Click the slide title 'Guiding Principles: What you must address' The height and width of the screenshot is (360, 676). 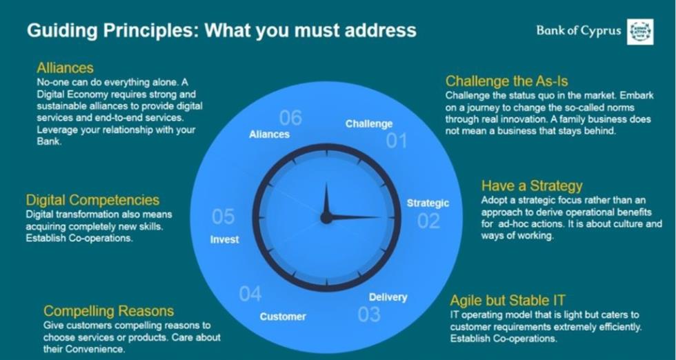point(221,30)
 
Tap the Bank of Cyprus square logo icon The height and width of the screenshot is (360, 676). point(640,32)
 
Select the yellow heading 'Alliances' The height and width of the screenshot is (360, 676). point(65,68)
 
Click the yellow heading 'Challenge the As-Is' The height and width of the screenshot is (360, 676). point(506,81)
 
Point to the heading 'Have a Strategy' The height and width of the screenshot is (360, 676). point(532,186)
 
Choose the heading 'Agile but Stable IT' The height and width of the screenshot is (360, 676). point(508,300)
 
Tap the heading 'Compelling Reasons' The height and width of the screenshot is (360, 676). point(109,311)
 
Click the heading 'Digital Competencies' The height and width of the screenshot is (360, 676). point(92,200)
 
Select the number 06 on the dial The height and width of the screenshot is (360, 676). point(290,118)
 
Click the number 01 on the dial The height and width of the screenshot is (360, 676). point(396,141)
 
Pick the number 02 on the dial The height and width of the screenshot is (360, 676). point(428,221)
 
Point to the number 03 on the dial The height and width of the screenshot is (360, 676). point(369,314)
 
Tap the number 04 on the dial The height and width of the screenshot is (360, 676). point(250,294)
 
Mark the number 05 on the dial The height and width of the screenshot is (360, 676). point(223,217)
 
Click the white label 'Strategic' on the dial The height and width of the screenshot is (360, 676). point(428,203)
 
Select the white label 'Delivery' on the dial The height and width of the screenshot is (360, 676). point(388,297)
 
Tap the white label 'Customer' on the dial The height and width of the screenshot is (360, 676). point(283,317)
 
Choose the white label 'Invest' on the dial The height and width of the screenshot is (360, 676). point(225,240)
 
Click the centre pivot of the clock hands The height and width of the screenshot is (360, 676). point(326,217)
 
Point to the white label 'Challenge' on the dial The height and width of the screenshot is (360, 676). point(369,124)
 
